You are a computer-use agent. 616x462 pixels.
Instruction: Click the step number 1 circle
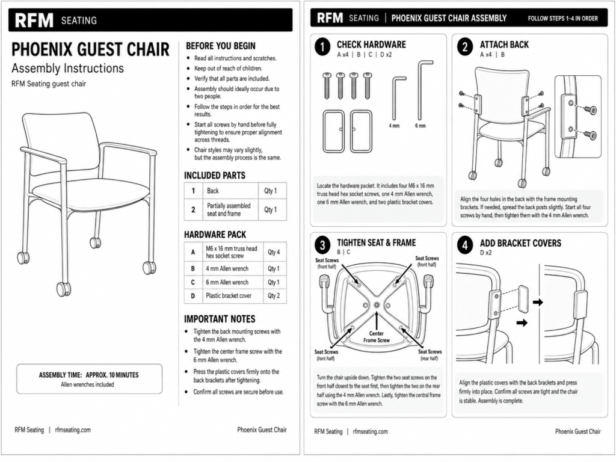click(x=322, y=48)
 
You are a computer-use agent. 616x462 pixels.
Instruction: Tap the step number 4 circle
click(x=465, y=245)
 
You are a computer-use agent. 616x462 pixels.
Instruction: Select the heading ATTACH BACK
click(x=504, y=45)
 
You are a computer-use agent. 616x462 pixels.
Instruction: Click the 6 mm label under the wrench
click(x=420, y=126)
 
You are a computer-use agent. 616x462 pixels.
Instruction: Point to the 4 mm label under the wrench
click(x=394, y=126)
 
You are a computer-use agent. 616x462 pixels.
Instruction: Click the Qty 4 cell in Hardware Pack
click(x=274, y=252)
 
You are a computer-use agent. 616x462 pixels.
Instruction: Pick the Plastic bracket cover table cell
click(x=229, y=296)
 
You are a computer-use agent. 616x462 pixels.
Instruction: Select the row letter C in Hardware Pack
click(x=193, y=283)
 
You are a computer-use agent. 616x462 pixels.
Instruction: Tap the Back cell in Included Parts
click(x=213, y=191)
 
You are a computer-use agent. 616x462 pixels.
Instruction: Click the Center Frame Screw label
click(x=377, y=337)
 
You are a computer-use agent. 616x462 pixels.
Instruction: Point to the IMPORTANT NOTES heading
click(x=220, y=319)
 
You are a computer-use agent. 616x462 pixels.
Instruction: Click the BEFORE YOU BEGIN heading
click(x=220, y=46)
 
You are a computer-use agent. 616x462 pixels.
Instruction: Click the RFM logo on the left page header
click(x=34, y=20)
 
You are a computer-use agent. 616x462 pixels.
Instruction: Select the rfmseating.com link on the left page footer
click(x=73, y=430)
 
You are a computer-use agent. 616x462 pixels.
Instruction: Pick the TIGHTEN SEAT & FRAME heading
click(x=377, y=243)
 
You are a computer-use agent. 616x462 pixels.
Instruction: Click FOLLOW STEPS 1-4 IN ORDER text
click(x=563, y=19)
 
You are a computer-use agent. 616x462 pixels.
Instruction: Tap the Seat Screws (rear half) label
click(x=430, y=355)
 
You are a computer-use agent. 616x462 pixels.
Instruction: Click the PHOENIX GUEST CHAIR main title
click(x=90, y=49)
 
